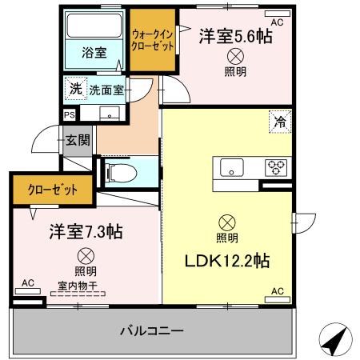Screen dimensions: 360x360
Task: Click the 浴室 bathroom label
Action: click(x=94, y=54)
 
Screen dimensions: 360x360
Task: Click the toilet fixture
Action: click(x=120, y=171)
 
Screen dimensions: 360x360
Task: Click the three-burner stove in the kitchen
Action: click(x=277, y=168)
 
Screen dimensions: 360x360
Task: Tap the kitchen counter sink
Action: click(x=233, y=168)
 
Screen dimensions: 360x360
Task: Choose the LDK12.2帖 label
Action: click(x=227, y=260)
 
